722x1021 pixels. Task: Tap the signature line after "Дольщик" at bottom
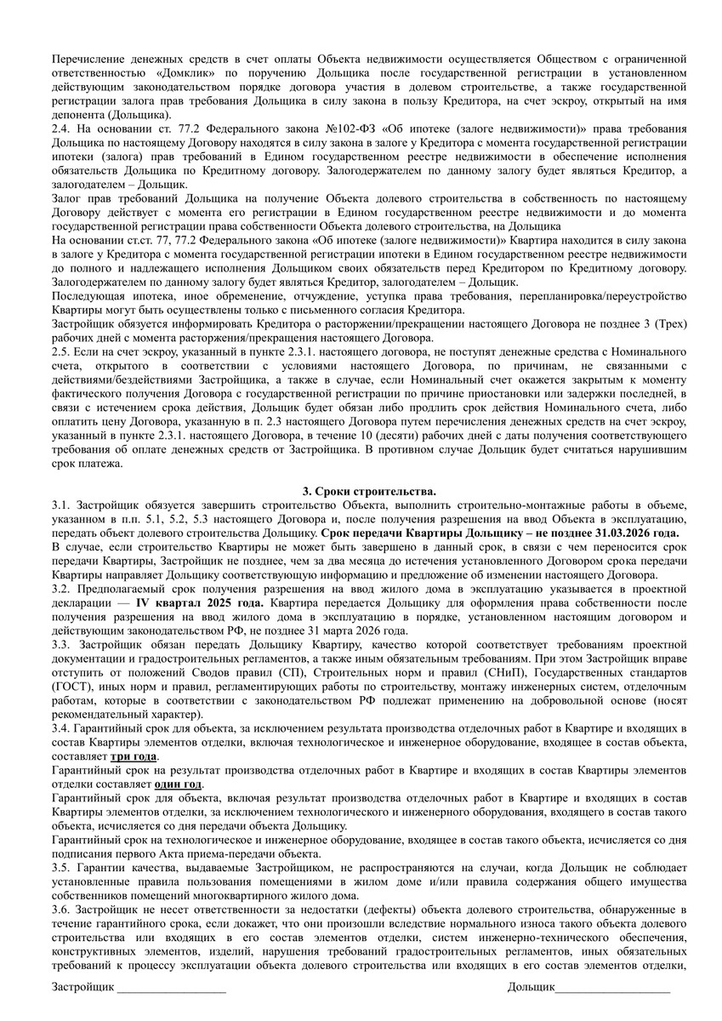pyautogui.click(x=612, y=987)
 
